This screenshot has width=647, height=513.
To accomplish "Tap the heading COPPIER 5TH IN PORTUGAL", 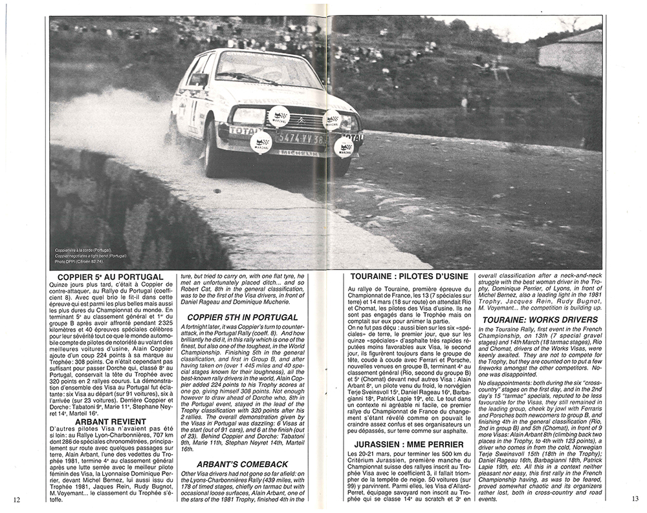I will (x=243, y=317).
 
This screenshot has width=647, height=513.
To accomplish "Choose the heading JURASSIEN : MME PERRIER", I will (x=408, y=445).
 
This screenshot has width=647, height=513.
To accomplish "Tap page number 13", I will (x=634, y=498).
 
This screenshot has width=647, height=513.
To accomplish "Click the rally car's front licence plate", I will (x=300, y=138).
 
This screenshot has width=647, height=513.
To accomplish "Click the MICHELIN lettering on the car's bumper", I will (x=300, y=152).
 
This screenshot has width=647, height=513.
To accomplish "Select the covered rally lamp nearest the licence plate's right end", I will (x=343, y=147).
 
